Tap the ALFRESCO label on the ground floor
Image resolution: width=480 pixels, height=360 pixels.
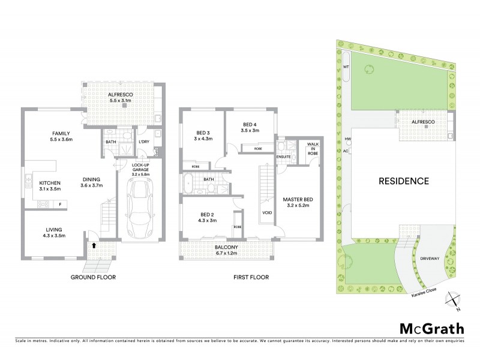(119, 95)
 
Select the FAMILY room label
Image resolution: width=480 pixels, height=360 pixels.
(62, 133)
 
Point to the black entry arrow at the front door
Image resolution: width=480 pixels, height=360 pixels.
(94, 245)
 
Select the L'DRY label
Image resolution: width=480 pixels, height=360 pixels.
(143, 142)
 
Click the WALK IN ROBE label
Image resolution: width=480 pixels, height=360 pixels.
(313, 148)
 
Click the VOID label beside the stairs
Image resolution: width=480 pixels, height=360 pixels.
(268, 212)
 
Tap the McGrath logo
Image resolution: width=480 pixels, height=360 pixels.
(430, 328)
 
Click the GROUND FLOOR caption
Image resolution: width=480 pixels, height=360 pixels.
(92, 277)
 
